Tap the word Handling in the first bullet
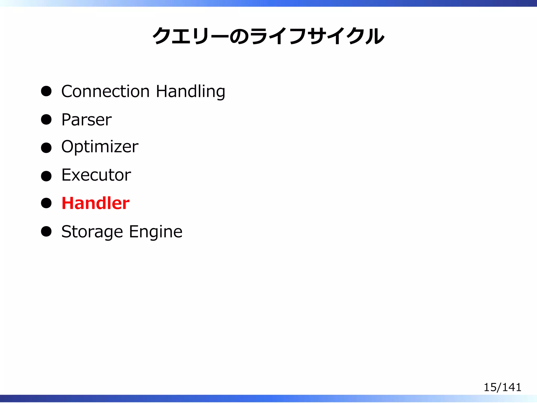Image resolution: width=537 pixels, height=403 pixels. (x=190, y=92)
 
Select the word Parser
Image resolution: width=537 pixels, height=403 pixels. (x=87, y=120)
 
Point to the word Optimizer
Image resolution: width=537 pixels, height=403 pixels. (x=100, y=147)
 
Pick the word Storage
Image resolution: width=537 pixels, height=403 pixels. (x=92, y=232)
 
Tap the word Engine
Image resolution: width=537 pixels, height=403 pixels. (x=156, y=232)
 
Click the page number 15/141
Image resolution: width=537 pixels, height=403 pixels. (x=502, y=387)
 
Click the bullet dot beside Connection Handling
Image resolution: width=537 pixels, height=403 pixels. (x=46, y=91)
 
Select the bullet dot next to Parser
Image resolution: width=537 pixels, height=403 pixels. (x=46, y=120)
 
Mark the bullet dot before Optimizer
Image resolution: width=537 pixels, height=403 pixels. (x=46, y=148)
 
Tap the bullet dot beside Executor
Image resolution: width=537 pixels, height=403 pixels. (x=46, y=176)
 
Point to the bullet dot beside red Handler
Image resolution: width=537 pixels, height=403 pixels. (x=46, y=203)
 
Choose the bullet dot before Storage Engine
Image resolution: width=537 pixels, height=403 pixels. (x=46, y=231)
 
